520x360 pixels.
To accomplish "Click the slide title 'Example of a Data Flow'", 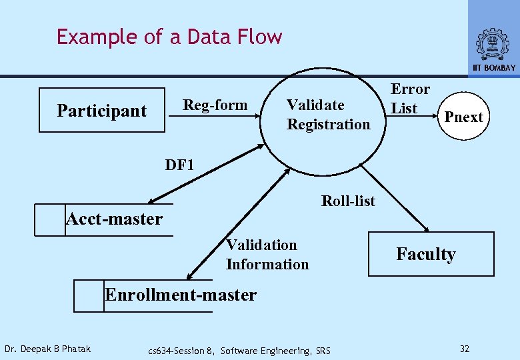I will [x=169, y=37].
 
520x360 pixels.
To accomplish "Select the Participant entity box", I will [x=101, y=111].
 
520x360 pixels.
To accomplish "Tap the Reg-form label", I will [x=215, y=105].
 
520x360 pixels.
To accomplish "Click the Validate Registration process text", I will [x=328, y=115].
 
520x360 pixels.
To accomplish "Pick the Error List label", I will [x=409, y=99].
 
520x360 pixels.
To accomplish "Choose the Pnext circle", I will [x=463, y=117].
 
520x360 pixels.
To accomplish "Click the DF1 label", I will [x=179, y=165].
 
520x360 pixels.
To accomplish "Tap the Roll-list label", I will [x=348, y=201].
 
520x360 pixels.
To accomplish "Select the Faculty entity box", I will [x=431, y=254].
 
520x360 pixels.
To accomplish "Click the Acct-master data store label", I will [x=114, y=219].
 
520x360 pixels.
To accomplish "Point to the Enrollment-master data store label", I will [x=181, y=295].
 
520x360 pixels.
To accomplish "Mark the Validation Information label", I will [x=267, y=255].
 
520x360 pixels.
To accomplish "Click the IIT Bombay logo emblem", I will [x=493, y=44].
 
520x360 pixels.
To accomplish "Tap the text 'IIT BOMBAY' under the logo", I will [x=494, y=68].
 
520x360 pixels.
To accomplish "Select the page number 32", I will [x=465, y=349].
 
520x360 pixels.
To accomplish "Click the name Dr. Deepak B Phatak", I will [x=47, y=349].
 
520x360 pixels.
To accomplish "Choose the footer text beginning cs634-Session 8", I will [x=239, y=351].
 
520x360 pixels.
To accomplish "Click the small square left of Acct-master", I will [x=50, y=219].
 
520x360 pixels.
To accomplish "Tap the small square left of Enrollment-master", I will [x=89, y=295].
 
